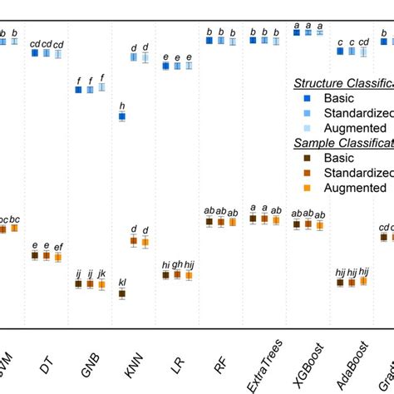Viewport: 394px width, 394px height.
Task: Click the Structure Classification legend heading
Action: [x=342, y=84]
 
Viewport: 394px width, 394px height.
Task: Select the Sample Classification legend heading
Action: [x=342, y=143]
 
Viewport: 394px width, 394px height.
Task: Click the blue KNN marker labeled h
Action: [x=122, y=117]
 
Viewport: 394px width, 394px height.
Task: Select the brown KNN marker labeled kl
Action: [x=122, y=293]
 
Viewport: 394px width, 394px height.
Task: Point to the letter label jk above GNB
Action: [x=101, y=273]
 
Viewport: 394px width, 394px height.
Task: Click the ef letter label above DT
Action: [x=57, y=247]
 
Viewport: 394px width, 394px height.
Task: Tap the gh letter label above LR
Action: [x=177, y=263]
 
